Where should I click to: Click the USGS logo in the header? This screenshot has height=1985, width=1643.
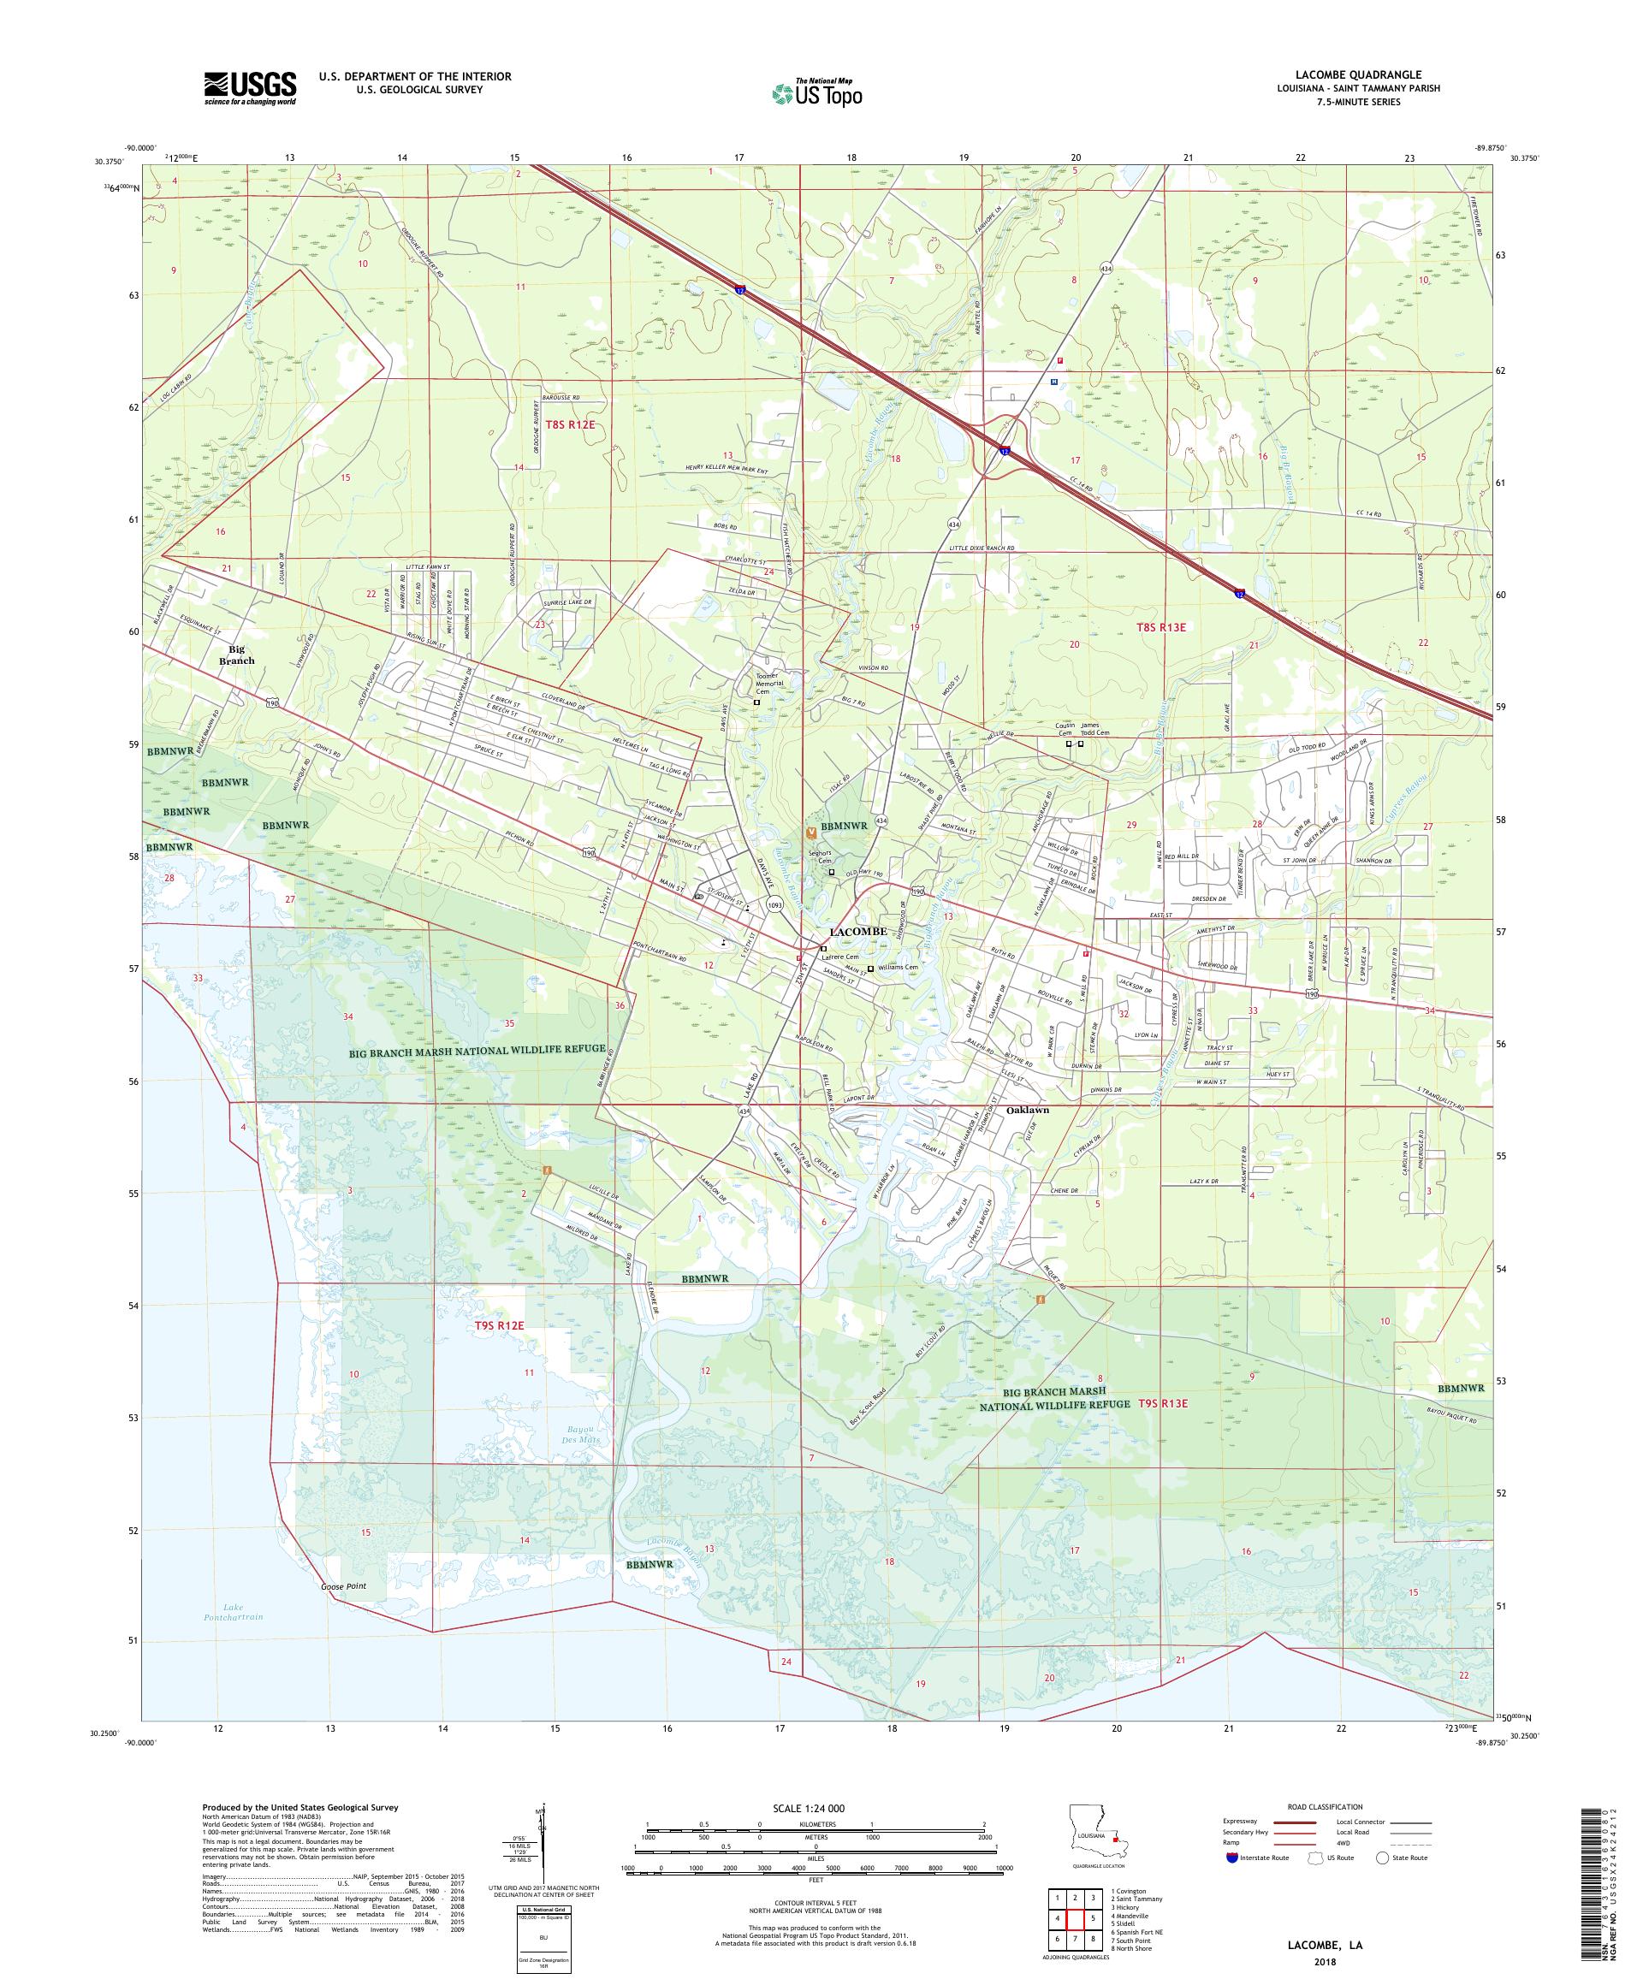click(250, 89)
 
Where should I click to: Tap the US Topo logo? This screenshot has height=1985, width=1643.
click(818, 92)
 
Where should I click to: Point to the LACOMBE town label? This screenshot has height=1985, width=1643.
click(857, 931)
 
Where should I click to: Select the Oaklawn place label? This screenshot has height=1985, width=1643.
click(1029, 1110)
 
